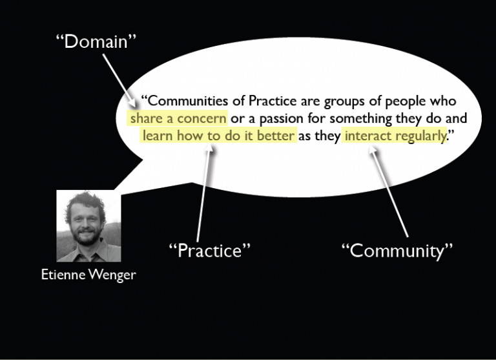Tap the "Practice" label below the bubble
209,250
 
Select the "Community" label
397,250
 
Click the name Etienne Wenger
88,275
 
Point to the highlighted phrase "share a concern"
178,119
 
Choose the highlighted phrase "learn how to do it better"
219,136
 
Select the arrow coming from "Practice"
203,194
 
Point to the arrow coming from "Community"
387,191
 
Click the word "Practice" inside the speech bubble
269,101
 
